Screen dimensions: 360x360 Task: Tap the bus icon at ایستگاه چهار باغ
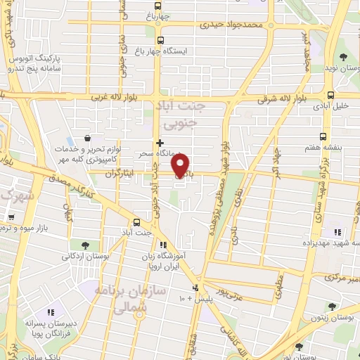pos(160,40)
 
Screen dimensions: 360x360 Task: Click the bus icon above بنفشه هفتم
pos(323,136)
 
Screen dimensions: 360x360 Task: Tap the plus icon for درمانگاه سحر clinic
pos(160,142)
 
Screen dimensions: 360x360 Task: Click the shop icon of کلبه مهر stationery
pos(87,139)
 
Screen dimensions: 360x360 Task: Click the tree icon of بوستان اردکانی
pos(85,245)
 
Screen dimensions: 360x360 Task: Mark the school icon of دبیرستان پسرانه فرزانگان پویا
pos(50,312)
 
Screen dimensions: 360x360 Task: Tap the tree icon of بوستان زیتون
pos(330,306)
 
